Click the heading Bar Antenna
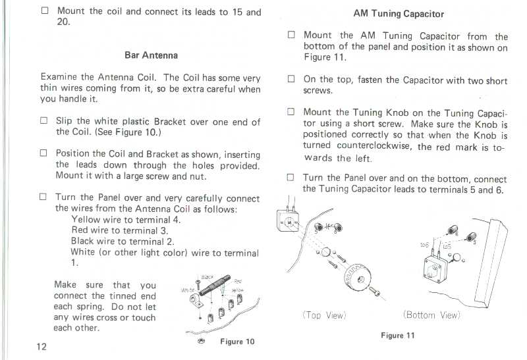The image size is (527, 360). point(151,55)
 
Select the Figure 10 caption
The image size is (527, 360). point(237,342)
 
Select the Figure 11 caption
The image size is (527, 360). point(397,336)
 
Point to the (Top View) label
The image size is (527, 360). point(324,315)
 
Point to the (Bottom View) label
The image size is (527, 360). point(431,315)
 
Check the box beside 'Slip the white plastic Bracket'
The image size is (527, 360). point(44,121)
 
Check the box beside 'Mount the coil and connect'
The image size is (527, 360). point(44,11)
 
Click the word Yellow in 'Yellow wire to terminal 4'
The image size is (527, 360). point(86,220)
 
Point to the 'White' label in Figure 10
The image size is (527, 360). point(187,290)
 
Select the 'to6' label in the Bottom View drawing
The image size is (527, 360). point(425,245)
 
